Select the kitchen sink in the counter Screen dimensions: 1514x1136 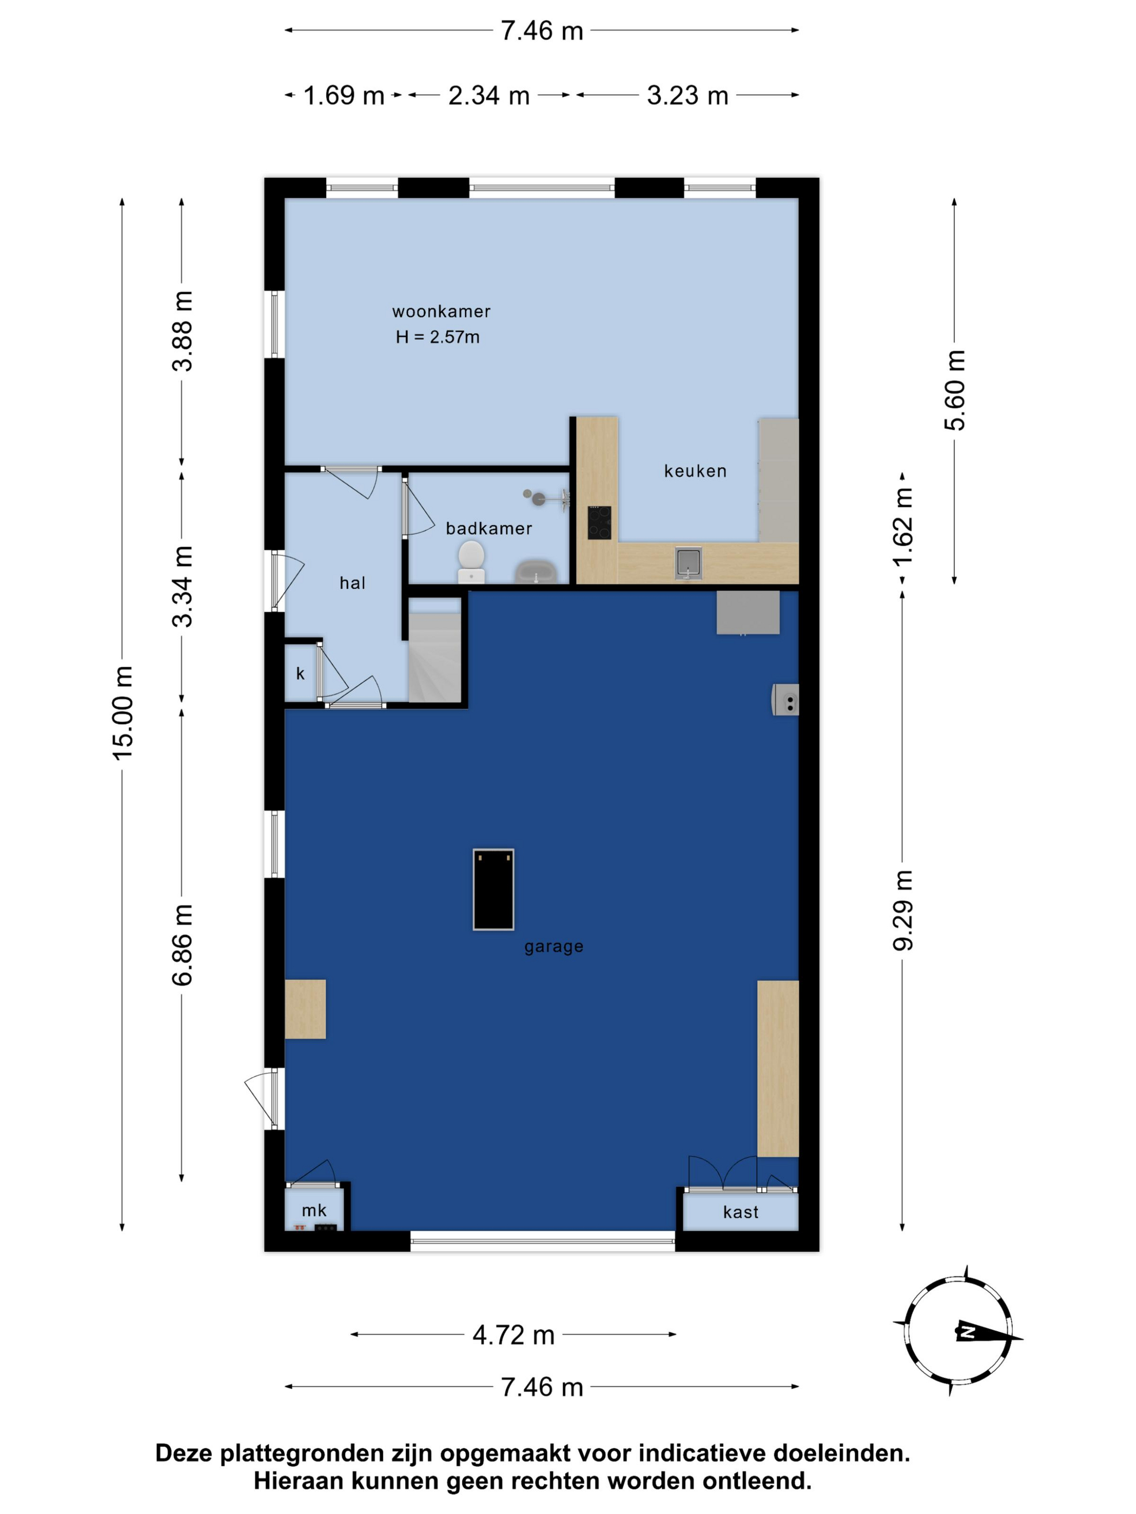[688, 562]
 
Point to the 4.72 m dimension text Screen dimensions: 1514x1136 [513, 1334]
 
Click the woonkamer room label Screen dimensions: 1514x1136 [441, 311]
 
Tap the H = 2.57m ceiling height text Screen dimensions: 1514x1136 [438, 337]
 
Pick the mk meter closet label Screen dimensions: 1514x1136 [314, 1210]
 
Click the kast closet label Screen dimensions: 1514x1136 [740, 1212]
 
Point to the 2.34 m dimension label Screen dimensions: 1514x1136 [489, 95]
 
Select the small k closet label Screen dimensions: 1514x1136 [300, 674]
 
